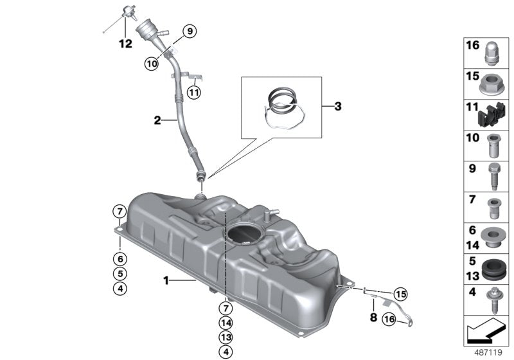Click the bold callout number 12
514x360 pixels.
(125, 44)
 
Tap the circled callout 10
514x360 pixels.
(151, 63)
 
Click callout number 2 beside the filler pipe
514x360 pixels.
(156, 119)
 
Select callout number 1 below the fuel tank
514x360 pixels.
(166, 280)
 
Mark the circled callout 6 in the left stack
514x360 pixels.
(120, 258)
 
